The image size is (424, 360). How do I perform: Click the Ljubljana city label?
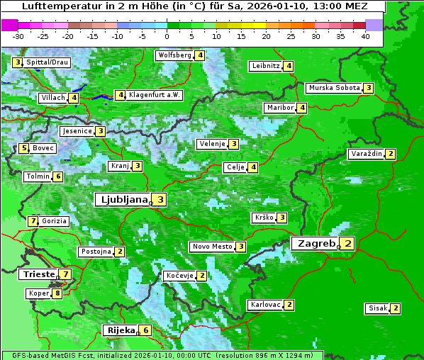pyautogui.click(x=122, y=200)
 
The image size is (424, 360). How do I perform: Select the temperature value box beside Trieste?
pyautogui.click(x=65, y=274)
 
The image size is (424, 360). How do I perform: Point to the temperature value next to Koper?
pyautogui.click(x=57, y=293)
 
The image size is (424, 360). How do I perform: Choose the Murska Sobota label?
pyautogui.click(x=334, y=88)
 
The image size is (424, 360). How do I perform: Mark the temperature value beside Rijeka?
pyautogui.click(x=145, y=330)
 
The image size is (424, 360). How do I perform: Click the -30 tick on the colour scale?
pyautogui.click(x=18, y=35)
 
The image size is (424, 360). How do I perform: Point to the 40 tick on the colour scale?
pyautogui.click(x=365, y=35)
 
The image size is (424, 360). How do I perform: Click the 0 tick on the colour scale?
pyautogui.click(x=167, y=35)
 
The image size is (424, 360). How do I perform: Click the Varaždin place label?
pyautogui.click(x=367, y=154)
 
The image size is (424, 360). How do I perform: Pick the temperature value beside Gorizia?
pyautogui.click(x=33, y=221)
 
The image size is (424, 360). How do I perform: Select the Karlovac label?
pyautogui.click(x=266, y=305)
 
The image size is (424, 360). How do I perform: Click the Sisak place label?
pyautogui.click(x=377, y=308)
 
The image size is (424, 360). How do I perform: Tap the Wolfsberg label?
pyautogui.click(x=174, y=55)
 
